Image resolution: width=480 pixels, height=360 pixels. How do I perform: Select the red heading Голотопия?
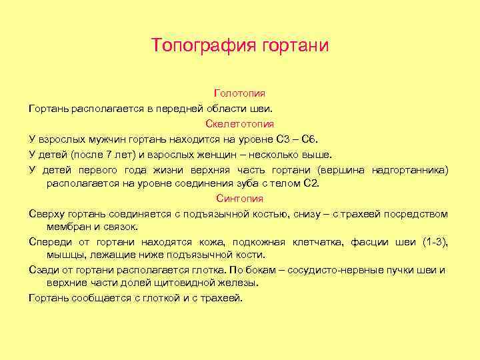(239, 93)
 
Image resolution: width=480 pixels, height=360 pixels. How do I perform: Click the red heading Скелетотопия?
(239, 124)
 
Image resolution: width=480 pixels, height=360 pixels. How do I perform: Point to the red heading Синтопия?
(239, 199)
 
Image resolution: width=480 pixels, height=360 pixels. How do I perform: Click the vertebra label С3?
(283, 139)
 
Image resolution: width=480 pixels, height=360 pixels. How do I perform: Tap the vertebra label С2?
(311, 183)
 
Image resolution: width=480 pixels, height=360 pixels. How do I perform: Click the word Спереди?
(49, 241)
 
